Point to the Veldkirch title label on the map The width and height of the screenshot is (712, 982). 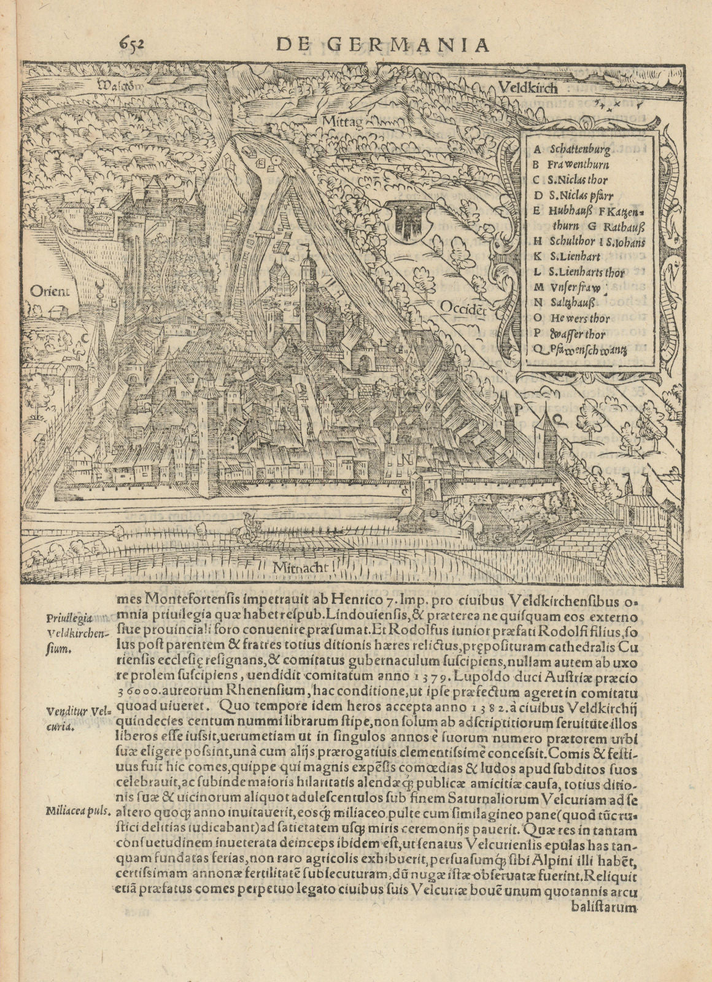(528, 88)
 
